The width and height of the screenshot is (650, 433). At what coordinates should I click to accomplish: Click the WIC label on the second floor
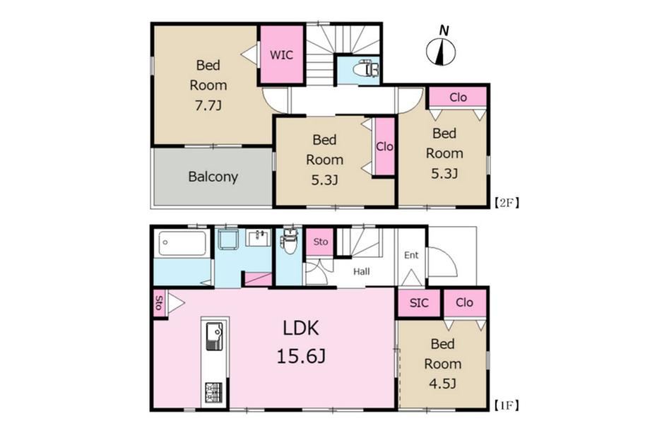tap(281, 55)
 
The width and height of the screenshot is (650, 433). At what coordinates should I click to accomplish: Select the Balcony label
tap(213, 177)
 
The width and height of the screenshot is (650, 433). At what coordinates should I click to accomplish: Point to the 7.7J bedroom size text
tap(208, 106)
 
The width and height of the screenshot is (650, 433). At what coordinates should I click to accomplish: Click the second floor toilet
tap(366, 69)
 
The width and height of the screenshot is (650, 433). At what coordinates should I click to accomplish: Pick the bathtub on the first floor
tap(182, 243)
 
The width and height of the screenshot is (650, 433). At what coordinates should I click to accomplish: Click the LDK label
tap(301, 328)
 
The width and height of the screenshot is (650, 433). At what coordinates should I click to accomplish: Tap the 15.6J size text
tap(301, 356)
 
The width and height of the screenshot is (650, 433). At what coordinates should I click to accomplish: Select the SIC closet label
tap(419, 303)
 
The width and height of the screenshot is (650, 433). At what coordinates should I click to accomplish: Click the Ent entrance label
tap(410, 255)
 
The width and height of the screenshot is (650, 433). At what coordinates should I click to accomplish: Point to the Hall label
tap(362, 272)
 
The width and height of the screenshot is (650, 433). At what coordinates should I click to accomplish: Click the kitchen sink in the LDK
tap(214, 336)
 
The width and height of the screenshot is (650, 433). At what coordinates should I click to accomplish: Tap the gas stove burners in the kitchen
tap(214, 393)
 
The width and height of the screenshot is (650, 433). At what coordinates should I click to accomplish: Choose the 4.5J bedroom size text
tap(442, 384)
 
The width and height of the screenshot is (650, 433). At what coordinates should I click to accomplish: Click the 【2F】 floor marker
tap(507, 203)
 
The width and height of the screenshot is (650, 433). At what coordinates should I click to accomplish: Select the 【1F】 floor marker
tap(507, 405)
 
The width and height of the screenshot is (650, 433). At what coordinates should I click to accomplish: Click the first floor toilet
tap(290, 242)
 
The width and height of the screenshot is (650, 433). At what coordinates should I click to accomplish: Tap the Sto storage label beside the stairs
tap(321, 242)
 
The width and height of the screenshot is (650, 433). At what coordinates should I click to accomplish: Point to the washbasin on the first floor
tap(258, 238)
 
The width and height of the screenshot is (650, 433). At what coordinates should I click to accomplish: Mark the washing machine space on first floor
tap(227, 239)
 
